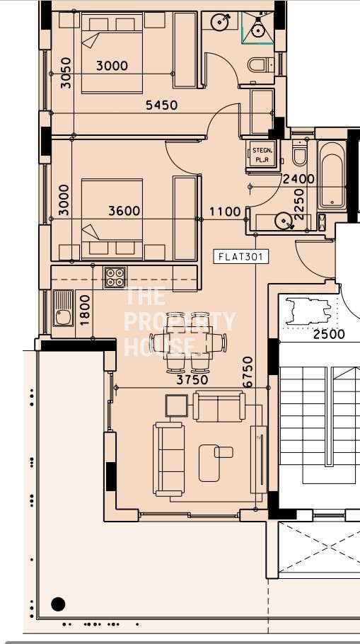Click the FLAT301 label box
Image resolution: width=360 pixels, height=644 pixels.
coord(240,257)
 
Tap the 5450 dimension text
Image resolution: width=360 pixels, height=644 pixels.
coord(162,105)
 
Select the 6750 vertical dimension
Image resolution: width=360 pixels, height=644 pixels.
coord(248,372)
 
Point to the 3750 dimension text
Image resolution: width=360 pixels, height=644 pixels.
coord(192,380)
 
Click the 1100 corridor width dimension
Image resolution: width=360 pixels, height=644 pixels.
coord(225,212)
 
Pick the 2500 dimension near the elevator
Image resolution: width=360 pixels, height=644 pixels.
coord(329,334)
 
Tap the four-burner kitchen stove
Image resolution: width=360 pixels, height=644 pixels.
coord(115,277)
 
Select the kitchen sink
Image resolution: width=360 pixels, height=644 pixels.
coord(63,309)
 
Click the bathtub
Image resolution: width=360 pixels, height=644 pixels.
coord(332,175)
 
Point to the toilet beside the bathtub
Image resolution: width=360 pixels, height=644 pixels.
coord(300,153)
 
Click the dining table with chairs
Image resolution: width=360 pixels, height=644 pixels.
coord(188,342)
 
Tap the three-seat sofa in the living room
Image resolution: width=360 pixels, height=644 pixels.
coord(169,459)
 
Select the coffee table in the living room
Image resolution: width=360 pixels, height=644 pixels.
coord(209,463)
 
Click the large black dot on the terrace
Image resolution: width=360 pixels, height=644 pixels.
coord(58,604)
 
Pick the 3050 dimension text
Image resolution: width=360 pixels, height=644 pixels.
coord(66,73)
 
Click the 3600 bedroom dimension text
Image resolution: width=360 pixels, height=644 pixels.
coord(124,211)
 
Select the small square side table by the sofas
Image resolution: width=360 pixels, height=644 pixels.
coord(177,406)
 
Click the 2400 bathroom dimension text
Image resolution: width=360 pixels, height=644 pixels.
coord(299,179)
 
